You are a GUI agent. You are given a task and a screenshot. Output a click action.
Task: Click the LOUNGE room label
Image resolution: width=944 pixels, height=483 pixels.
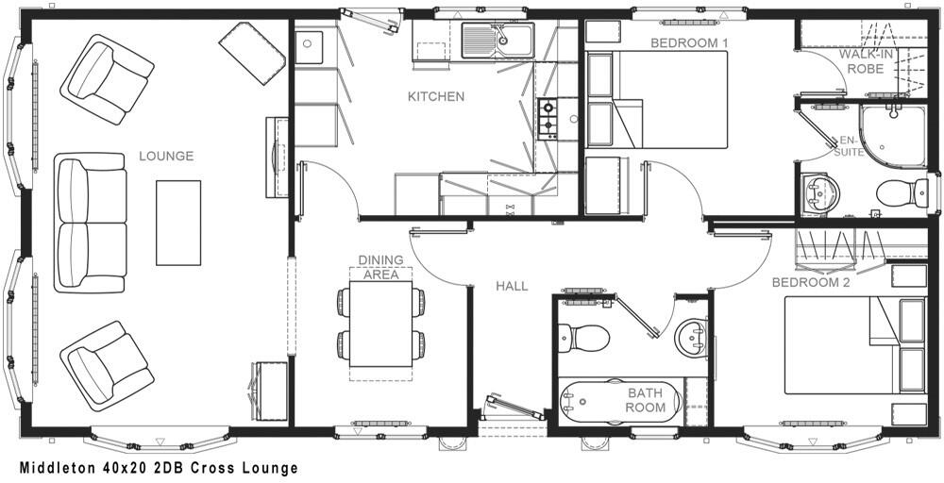(165, 156)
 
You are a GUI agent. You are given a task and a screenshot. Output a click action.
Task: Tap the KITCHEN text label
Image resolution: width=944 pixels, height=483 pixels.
(435, 96)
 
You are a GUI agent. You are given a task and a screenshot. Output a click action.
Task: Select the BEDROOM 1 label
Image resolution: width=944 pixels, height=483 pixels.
(688, 43)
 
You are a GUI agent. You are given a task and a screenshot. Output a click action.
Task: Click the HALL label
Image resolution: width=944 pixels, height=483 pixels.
(512, 286)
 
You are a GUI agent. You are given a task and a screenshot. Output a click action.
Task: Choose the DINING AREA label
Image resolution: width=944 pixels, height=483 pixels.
(380, 267)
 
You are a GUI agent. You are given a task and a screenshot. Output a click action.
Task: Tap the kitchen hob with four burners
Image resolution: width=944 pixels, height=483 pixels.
(548, 118)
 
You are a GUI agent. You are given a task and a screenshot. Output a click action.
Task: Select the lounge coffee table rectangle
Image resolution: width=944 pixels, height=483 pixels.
(178, 223)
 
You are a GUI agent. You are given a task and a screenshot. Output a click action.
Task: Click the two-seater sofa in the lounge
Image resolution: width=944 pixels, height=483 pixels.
(91, 223)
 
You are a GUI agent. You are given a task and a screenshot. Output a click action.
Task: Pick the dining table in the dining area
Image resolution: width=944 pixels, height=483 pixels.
(380, 324)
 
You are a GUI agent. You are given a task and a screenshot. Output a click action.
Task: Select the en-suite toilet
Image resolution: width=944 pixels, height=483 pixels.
(902, 193)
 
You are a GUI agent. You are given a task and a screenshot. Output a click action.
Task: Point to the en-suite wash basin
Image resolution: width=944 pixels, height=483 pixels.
(818, 193)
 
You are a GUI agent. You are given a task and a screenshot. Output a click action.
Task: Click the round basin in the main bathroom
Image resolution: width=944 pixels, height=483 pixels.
(692, 337)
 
